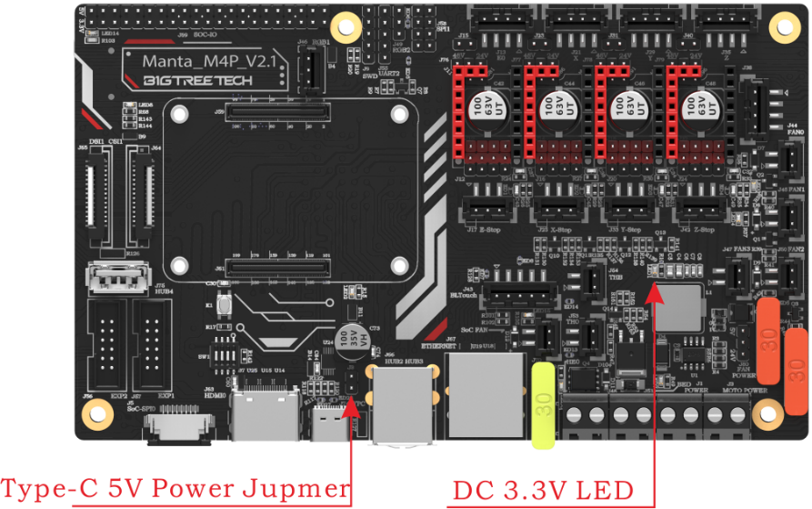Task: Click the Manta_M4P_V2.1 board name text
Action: [210, 61]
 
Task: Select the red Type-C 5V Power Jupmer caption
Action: [175, 488]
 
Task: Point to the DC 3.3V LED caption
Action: [543, 490]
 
